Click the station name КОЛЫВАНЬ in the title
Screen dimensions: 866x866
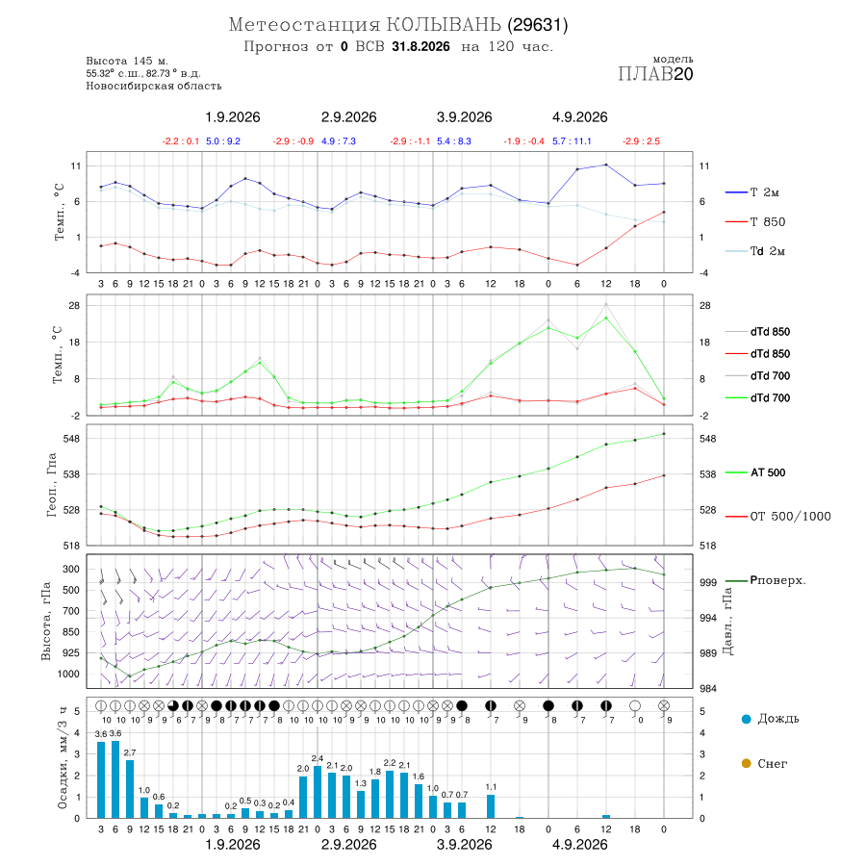coord(444,24)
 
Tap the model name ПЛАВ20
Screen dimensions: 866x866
coord(655,73)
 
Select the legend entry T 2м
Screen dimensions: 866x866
coord(752,192)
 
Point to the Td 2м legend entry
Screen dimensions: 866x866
coord(755,251)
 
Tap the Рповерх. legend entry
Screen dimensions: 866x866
coord(765,580)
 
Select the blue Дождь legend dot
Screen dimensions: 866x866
coord(746,719)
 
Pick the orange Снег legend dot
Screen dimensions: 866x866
coord(746,763)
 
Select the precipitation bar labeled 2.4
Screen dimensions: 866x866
coord(318,792)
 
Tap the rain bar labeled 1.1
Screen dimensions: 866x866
coord(491,806)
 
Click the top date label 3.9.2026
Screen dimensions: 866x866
coord(464,117)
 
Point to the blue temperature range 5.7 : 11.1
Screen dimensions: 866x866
coord(572,141)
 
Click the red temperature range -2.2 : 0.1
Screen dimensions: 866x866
coord(181,141)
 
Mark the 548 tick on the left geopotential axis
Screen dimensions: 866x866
coord(72,439)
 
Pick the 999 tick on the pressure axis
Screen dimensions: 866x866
coord(707,582)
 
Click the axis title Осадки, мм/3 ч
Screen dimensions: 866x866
coord(63,758)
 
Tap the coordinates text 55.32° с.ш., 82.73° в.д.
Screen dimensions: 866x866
coord(143,73)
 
